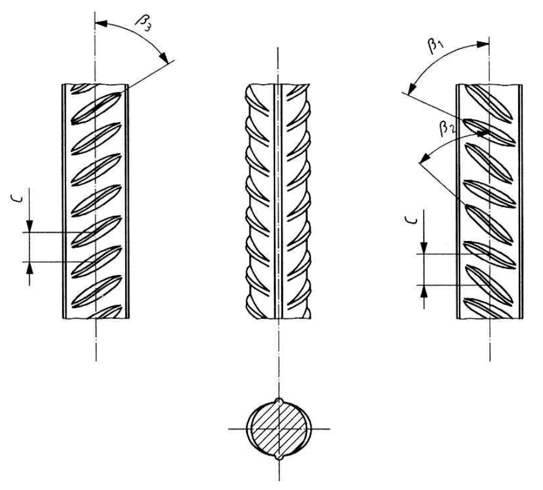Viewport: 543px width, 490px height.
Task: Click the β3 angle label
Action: point(143,24)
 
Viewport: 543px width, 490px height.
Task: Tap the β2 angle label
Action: point(447,129)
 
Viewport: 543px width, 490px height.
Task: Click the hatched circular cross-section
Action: point(279,429)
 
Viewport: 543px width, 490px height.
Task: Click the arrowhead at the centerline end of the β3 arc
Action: point(101,24)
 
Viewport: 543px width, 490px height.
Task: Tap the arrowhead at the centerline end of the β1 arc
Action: point(483,44)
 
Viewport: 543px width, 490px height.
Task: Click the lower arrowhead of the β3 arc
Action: point(163,56)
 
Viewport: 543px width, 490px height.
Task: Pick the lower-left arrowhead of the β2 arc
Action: point(424,159)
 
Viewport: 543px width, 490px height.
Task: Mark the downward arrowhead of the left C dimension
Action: point(30,226)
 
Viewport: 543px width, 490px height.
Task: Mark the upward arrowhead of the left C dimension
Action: point(30,268)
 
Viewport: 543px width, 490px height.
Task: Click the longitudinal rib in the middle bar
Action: point(278,201)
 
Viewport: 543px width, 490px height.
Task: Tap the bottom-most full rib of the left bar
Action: point(97,291)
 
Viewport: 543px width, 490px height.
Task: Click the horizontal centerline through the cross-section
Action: point(279,429)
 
